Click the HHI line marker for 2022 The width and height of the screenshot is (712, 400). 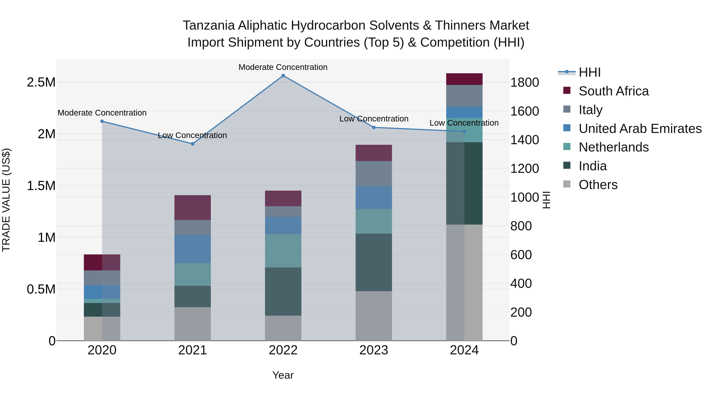coord(283,76)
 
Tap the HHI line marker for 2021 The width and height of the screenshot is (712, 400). coord(193,144)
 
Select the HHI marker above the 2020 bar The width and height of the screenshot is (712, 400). coord(102,121)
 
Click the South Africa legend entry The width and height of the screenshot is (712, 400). coord(613,91)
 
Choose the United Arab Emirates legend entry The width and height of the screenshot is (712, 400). coord(640,129)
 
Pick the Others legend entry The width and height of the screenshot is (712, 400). coord(598,185)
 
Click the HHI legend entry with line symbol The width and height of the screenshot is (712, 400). coord(589,72)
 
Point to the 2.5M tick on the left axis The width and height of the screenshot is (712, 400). coord(41,82)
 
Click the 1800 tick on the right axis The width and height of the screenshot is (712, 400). coord(524,83)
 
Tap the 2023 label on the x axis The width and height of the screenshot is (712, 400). coord(373,350)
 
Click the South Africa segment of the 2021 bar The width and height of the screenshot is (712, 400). coord(193,208)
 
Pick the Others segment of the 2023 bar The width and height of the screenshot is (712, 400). coord(373,316)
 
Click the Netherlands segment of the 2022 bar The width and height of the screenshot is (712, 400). coord(283,251)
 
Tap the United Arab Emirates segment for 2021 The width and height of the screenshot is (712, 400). coord(193,249)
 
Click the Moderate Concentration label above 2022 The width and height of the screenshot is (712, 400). coord(283,67)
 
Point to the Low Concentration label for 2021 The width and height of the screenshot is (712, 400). coord(192,136)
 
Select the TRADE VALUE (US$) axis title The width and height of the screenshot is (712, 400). coord(6,200)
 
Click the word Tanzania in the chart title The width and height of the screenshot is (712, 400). coord(209,26)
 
